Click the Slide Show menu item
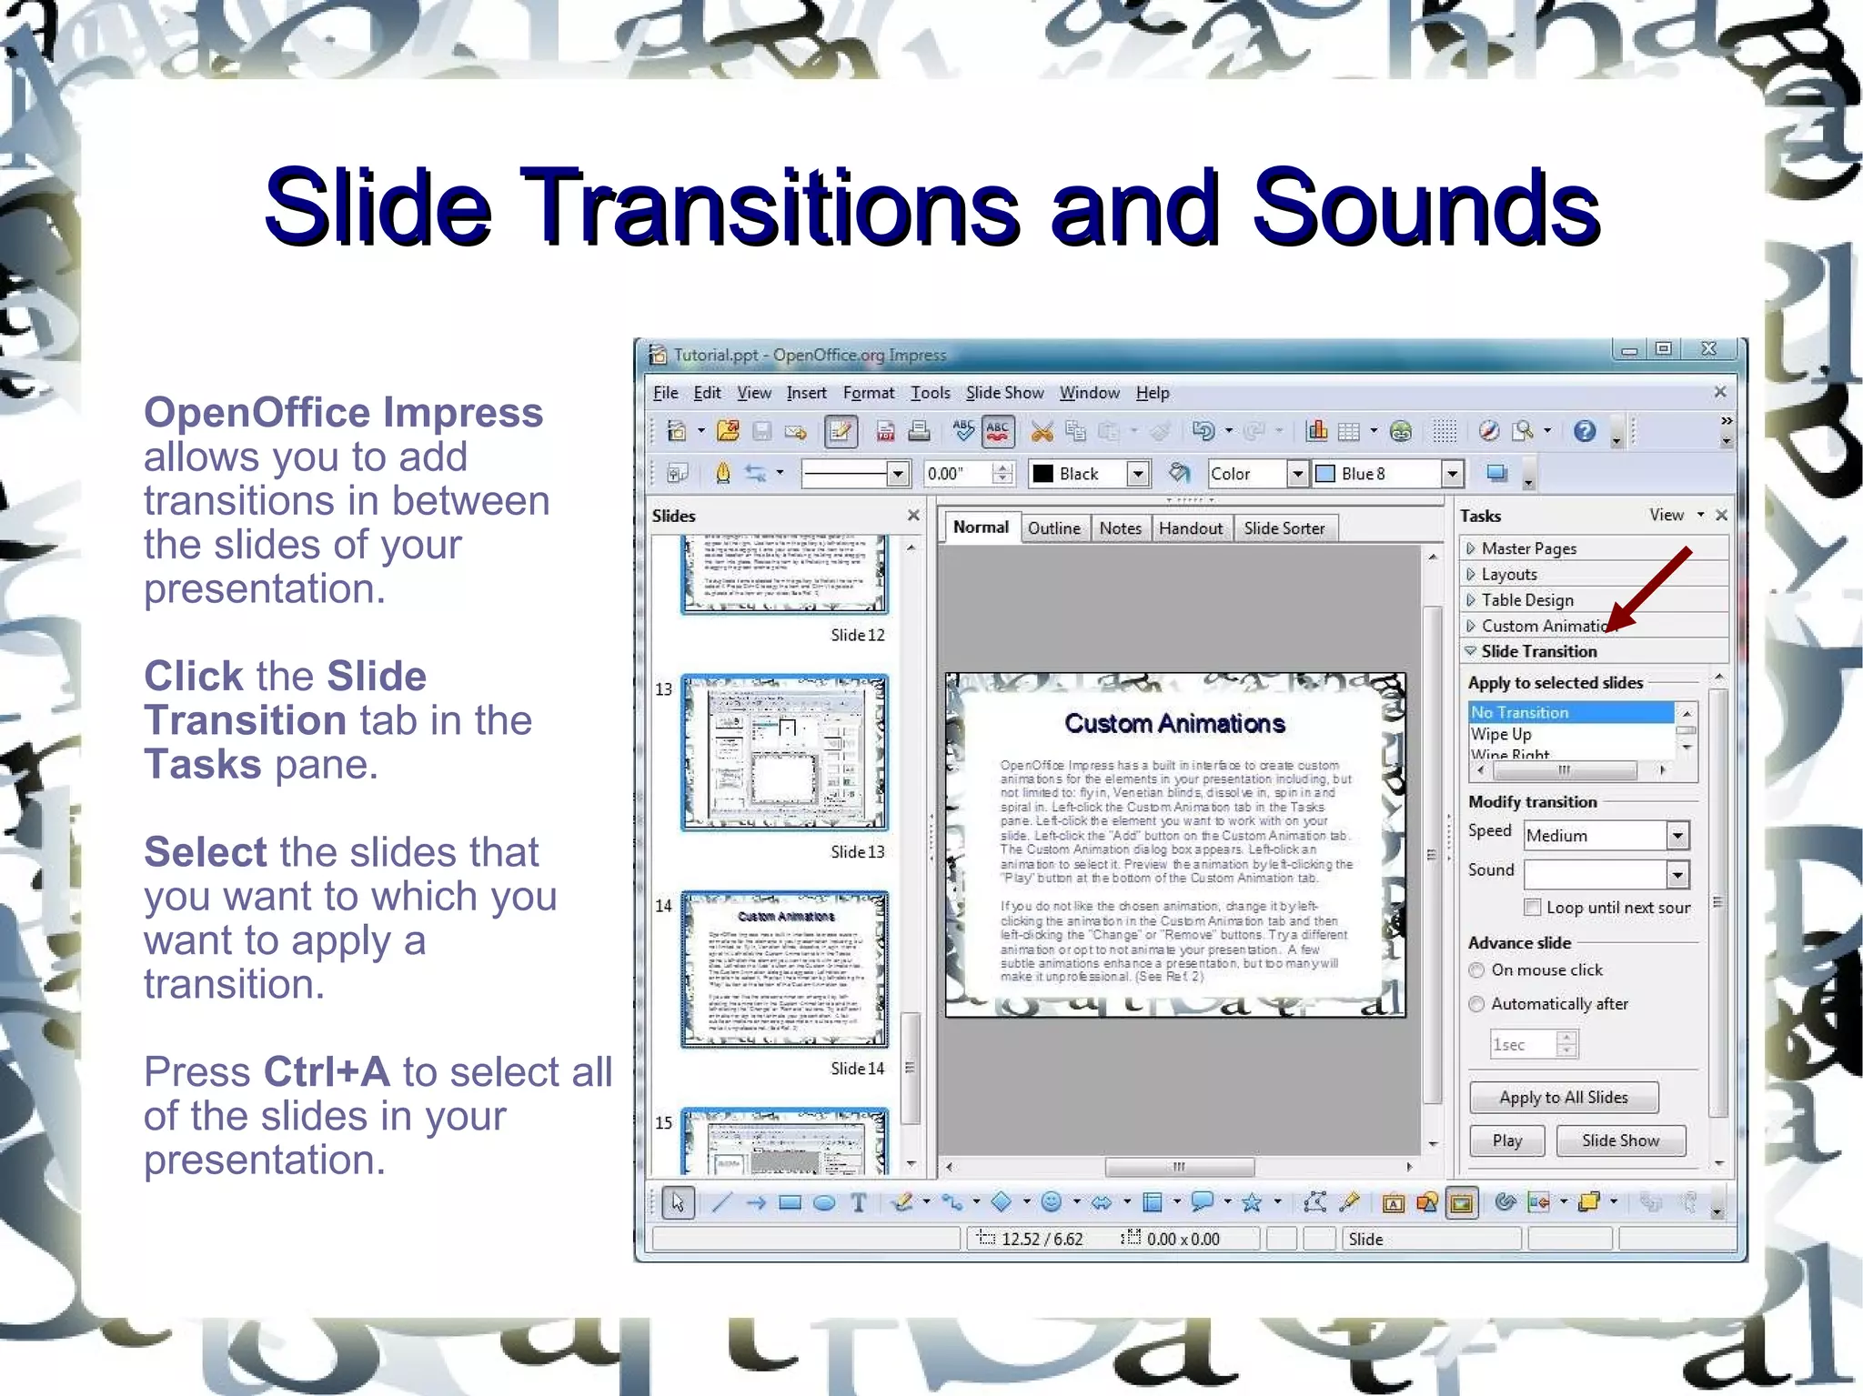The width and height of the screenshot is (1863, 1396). (x=1004, y=393)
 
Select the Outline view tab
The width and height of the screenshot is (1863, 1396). (x=1053, y=528)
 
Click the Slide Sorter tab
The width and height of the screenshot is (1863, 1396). (x=1284, y=528)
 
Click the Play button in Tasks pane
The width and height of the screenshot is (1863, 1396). (x=1506, y=1140)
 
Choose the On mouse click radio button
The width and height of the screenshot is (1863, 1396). (x=1477, y=970)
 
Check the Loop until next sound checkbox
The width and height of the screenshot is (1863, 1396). (x=1533, y=907)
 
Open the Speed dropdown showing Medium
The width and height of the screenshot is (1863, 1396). (x=1677, y=835)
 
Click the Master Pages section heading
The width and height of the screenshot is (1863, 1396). (x=1528, y=548)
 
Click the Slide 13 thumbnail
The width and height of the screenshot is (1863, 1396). (x=784, y=752)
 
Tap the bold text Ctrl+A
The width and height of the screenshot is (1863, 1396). (x=327, y=1071)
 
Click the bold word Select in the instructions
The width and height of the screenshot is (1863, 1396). (x=205, y=852)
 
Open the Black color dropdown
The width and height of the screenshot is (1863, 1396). (x=1137, y=474)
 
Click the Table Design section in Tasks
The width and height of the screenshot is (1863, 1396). (x=1526, y=600)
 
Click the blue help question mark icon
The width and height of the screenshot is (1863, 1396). (x=1584, y=431)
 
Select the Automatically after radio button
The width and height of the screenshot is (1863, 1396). (x=1477, y=1004)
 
